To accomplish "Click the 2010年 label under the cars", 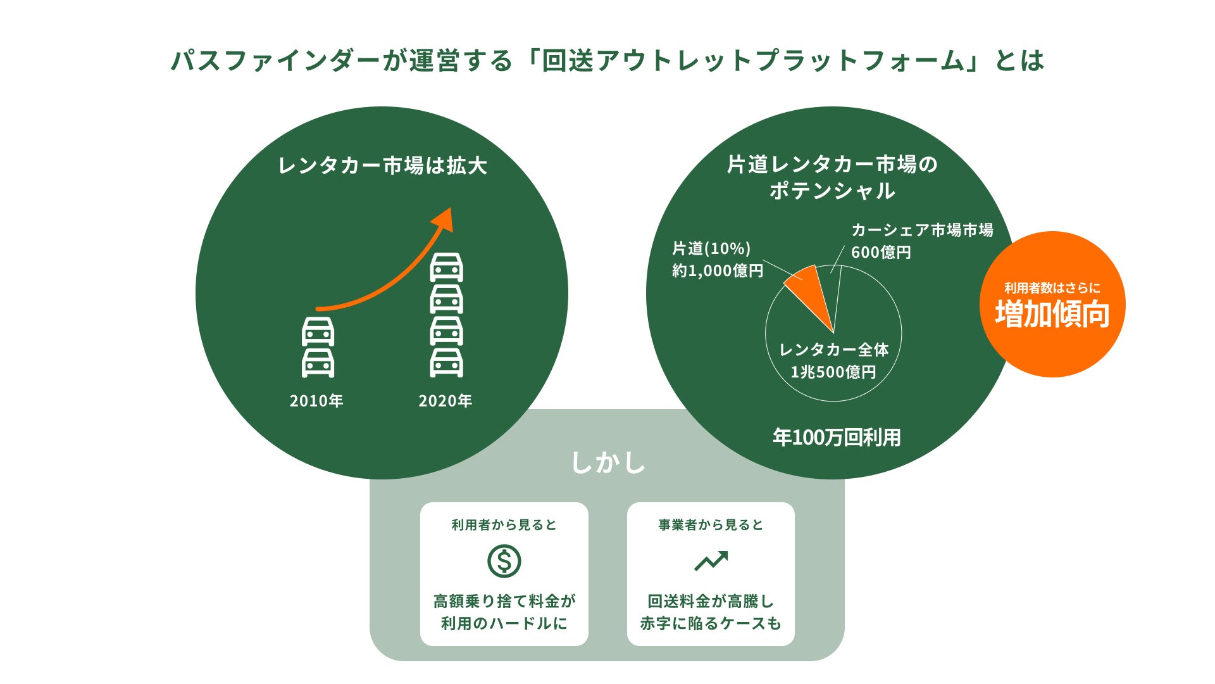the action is [316, 401].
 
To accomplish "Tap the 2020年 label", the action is [445, 401].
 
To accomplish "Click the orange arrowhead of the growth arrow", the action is [444, 219].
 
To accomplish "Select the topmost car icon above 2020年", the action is [446, 267].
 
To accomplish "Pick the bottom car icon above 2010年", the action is [318, 363].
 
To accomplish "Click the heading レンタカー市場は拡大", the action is [382, 166].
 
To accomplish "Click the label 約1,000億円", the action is [718, 271].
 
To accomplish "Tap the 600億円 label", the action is [881, 253].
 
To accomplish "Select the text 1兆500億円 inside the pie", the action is [833, 372].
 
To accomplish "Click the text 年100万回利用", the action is [837, 438].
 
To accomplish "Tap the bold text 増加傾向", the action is [1052, 314].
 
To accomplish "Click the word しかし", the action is [607, 462].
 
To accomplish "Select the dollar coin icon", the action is [504, 561].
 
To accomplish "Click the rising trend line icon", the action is [711, 561].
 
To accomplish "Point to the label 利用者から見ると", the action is [504, 525].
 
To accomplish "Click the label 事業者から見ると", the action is [711, 525].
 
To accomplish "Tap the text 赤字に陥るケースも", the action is [711, 624].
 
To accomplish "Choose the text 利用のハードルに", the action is [504, 624].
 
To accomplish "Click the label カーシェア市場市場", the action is [922, 230].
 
